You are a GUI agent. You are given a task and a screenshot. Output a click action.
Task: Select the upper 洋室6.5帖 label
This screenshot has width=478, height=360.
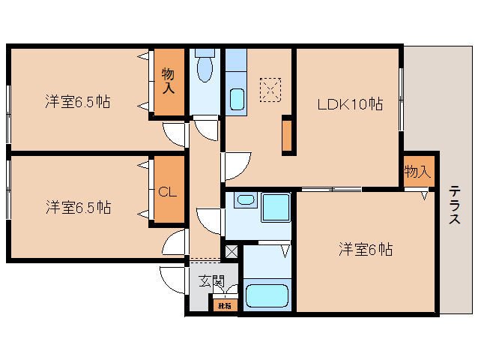click(x=77, y=102)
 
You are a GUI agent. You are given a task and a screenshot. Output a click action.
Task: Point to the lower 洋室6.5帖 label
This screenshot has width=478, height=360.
click(x=77, y=206)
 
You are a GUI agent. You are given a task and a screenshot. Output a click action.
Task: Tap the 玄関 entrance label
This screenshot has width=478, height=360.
click(x=211, y=282)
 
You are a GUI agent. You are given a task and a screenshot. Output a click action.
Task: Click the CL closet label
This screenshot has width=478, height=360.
click(x=167, y=190)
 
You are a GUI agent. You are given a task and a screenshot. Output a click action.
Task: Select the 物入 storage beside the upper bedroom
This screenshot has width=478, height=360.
click(x=169, y=81)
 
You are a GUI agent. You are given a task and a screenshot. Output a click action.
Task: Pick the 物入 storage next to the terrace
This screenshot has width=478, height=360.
click(x=417, y=171)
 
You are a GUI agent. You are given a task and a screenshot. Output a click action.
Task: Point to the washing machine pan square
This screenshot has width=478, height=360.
click(x=275, y=208)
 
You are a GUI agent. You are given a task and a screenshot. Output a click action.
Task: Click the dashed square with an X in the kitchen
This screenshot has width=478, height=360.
click(x=269, y=90)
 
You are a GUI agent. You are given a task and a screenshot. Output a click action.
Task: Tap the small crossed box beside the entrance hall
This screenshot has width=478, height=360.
click(x=231, y=252)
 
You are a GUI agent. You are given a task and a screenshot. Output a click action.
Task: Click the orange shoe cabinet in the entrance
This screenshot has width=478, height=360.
click(x=224, y=304)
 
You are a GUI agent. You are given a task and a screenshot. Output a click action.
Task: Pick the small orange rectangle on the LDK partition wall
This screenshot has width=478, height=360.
click(x=286, y=136)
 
